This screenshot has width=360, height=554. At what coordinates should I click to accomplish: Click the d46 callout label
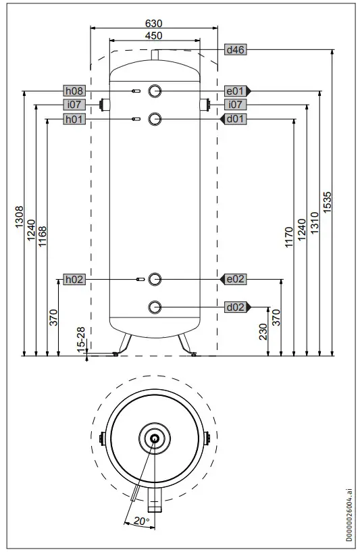[x=234, y=49]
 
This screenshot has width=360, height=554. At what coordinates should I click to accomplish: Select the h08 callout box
[x=74, y=91]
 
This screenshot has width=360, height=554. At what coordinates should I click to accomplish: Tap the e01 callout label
[x=235, y=91]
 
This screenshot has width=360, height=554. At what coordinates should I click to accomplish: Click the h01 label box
[x=74, y=119]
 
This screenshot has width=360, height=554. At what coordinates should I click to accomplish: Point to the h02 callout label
[x=74, y=279]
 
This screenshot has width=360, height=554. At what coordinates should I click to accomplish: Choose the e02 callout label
[x=235, y=279]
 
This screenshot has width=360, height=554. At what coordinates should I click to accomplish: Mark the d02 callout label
[x=235, y=307]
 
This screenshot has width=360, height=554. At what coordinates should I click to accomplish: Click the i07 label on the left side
[x=74, y=105]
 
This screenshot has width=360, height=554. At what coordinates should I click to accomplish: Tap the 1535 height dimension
[x=328, y=203]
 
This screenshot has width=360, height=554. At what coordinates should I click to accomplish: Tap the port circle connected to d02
[x=155, y=307]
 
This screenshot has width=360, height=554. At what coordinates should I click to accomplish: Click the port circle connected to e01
[x=155, y=91]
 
